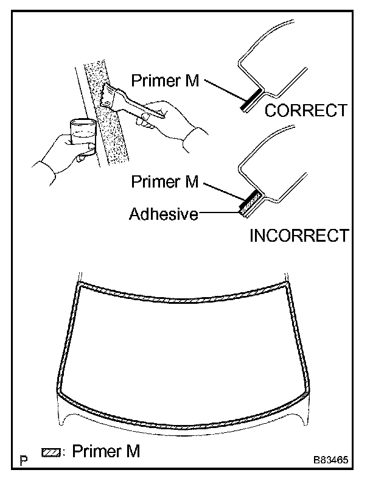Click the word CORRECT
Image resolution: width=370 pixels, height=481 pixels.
pos(305,111)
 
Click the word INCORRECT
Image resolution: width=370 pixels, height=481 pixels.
pos(299,236)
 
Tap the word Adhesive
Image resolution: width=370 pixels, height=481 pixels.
pos(164,214)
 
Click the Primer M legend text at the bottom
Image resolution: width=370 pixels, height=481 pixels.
pos(107,451)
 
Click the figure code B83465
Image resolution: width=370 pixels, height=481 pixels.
pos(330,460)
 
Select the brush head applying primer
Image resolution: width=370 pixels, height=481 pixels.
pos(109,94)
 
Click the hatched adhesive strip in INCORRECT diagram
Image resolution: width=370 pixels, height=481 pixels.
pos(250,205)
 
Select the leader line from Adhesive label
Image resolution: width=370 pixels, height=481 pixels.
pos(220,214)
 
